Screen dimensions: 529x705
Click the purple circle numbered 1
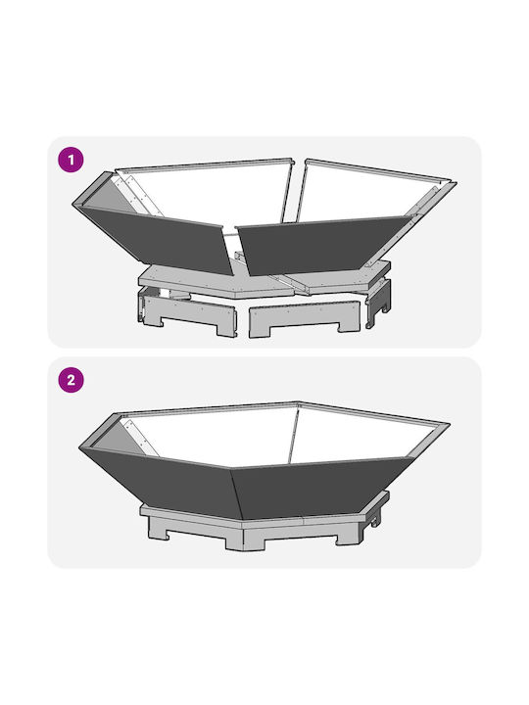click(72, 160)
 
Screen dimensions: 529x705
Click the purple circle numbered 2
click(72, 380)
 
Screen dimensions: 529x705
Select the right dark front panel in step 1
click(324, 243)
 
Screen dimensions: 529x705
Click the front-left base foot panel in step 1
click(189, 312)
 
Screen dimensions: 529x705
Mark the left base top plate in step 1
click(212, 280)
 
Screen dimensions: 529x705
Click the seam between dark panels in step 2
click(237, 494)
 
